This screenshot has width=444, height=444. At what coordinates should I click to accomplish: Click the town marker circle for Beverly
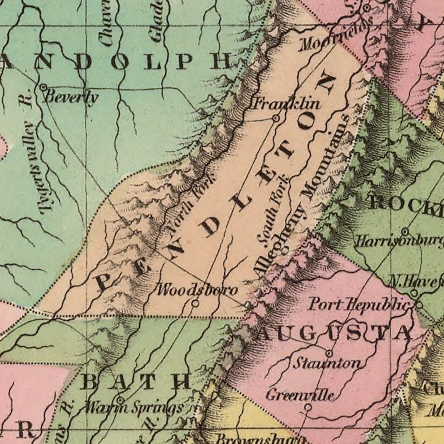click(44, 87)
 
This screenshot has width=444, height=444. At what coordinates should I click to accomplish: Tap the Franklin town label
click(286, 104)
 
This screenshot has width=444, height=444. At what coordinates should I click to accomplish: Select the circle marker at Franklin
click(276, 118)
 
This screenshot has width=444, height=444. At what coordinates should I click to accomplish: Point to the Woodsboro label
click(197, 290)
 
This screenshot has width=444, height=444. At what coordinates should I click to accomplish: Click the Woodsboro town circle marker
click(195, 303)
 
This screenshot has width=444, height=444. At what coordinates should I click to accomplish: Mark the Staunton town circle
click(329, 353)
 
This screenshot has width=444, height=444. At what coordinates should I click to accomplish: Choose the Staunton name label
click(327, 363)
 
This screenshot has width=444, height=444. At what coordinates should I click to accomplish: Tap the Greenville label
click(300, 395)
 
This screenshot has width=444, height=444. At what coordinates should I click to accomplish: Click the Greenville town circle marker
click(308, 408)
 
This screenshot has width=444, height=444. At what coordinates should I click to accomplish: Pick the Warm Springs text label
click(133, 408)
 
